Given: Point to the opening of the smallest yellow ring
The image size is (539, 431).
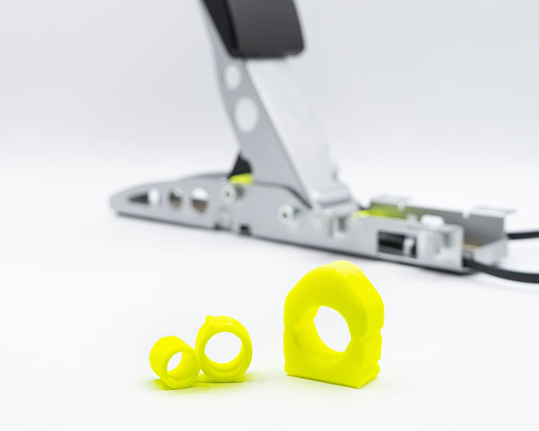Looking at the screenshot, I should pos(175,363).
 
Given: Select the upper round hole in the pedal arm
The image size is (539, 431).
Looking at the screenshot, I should pos(232,77).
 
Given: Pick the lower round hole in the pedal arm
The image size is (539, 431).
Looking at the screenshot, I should pos(246,114).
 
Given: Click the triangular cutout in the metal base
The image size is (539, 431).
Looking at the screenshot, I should pos(139,199).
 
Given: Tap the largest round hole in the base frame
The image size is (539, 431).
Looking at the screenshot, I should pos(200,199).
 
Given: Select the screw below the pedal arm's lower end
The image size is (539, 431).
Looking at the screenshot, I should pos(287,214).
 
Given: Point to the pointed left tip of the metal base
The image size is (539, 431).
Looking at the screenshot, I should pos(113,204).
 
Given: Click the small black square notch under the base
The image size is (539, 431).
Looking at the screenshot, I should pos(244,230).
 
